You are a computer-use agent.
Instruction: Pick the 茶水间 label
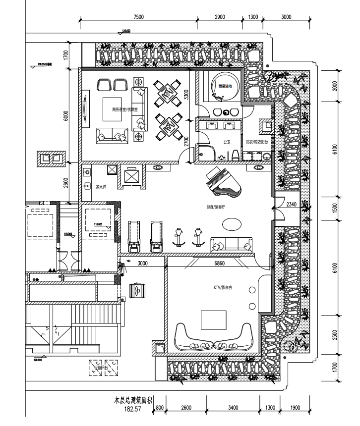101,187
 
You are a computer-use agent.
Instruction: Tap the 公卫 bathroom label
227,142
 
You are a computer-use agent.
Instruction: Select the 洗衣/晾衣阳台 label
257,142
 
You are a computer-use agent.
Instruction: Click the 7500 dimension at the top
138,17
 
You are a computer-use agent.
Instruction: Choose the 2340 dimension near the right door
291,205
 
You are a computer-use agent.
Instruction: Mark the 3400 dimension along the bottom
233,408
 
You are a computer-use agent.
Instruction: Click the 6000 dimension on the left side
66,115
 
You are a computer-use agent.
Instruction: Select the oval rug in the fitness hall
233,224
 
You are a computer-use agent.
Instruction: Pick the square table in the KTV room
214,320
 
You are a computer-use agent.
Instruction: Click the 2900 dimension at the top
221,17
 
